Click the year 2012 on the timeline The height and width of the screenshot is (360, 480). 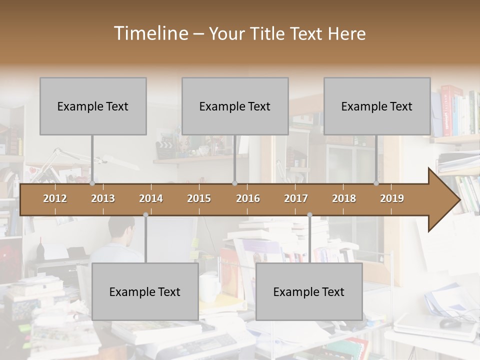coord(55,198)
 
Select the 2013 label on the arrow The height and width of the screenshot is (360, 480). coord(103,198)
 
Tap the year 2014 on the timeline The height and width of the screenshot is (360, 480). coord(151,198)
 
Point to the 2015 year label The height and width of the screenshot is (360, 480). coord(199,198)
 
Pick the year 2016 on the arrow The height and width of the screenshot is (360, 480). coord(248,198)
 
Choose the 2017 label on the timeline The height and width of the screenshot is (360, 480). coord(296,198)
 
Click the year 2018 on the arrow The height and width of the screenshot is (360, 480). coord(344,198)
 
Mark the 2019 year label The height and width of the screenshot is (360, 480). coord(392,198)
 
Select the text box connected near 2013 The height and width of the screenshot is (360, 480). coord(93,106)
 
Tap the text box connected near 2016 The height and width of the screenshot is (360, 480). coord(235,106)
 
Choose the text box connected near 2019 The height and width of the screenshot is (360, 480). coord(377,106)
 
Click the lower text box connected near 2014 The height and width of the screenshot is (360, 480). coord(145,291)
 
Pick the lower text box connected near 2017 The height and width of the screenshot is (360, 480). coord(309,291)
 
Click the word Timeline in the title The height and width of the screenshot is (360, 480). coord(150,33)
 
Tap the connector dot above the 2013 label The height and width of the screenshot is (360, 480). coord(92,183)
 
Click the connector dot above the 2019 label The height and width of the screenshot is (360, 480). coord(376,183)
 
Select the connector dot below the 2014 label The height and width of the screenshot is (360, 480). coord(145,215)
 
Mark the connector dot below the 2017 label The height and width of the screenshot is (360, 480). coord(309,215)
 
